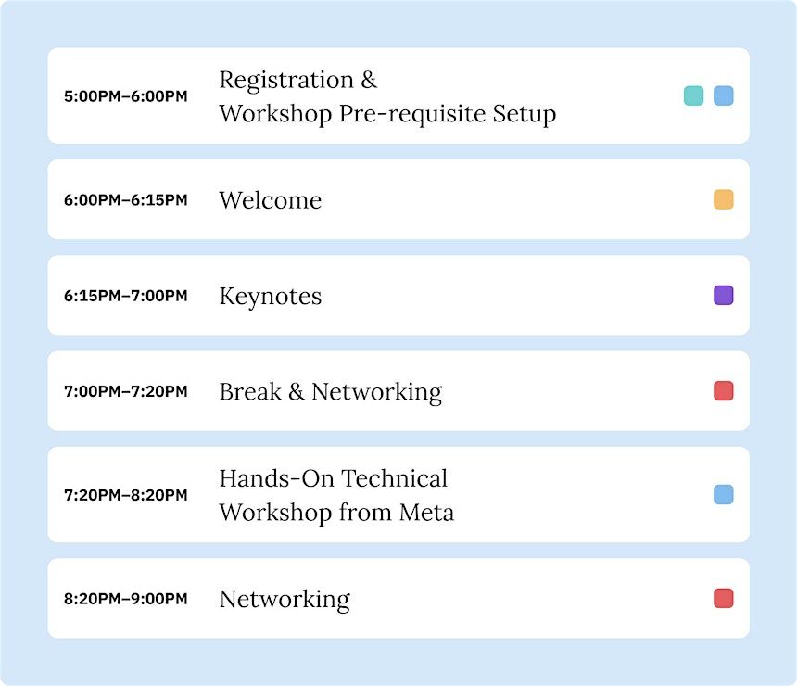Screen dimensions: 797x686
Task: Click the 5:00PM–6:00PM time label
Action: pos(125,96)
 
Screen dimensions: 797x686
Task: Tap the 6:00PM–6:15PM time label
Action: pos(125,200)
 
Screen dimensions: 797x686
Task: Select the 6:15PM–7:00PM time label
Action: pos(125,296)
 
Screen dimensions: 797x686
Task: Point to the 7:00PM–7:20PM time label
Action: pos(125,391)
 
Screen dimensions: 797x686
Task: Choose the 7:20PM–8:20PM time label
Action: pos(125,495)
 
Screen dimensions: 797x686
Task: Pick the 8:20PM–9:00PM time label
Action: pos(125,599)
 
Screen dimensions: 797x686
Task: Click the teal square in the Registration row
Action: pos(693,95)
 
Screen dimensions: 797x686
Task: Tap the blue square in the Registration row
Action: pos(723,95)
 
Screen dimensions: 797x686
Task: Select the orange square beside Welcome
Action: pos(723,199)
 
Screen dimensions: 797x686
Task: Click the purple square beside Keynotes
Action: pos(723,295)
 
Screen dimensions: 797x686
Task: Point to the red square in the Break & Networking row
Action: pos(723,390)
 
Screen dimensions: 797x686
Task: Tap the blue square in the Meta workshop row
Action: pos(723,494)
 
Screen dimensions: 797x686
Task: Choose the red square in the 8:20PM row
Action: pos(723,598)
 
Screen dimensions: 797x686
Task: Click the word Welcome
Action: pos(271,200)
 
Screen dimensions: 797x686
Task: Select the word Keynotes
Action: pos(271,297)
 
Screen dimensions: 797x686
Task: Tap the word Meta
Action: pos(426,512)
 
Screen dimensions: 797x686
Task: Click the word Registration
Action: pos(286,81)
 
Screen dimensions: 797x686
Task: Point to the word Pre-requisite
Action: pos(412,114)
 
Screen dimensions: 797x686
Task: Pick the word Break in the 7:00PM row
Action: pos(250,391)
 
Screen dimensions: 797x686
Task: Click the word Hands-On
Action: pos(276,478)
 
